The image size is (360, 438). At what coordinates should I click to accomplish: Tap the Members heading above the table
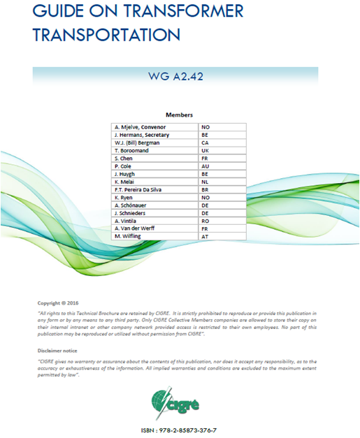[179, 114]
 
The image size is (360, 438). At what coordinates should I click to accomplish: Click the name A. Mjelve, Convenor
[140, 127]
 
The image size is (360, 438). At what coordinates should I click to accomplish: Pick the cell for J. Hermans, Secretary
[141, 135]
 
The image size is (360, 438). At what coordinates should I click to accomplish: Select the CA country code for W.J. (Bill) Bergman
[205, 143]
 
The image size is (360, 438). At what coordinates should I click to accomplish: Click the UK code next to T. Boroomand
[205, 151]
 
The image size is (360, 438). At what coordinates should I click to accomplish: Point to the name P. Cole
[124, 166]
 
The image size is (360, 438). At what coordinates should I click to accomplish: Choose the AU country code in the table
[205, 166]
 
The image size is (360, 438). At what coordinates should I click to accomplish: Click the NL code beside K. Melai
[205, 182]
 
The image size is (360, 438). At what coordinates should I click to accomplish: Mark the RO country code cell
[205, 221]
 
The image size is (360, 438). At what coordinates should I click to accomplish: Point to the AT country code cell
[205, 237]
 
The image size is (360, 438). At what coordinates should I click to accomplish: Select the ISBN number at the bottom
[179, 430]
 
